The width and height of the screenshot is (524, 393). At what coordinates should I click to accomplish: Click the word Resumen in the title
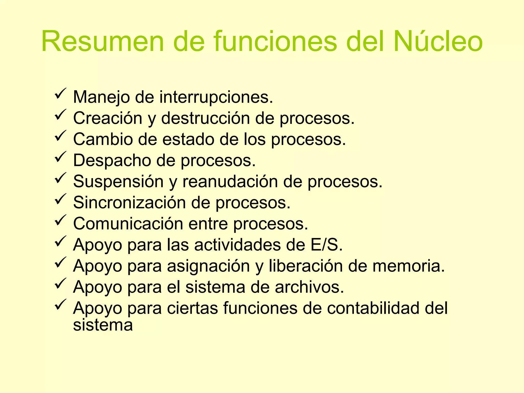pyautogui.click(x=103, y=41)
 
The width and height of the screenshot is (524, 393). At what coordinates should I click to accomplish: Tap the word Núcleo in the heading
pyautogui.click(x=438, y=41)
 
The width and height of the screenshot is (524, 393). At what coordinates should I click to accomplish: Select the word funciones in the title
pyautogui.click(x=276, y=41)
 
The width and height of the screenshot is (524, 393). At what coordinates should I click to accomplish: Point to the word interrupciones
pyautogui.click(x=216, y=97)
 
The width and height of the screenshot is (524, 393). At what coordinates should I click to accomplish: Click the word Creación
pyautogui.click(x=108, y=118)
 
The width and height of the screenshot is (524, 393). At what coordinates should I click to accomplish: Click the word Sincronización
pyautogui.click(x=129, y=203)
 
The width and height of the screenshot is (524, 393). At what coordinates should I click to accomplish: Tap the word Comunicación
pyautogui.click(x=128, y=224)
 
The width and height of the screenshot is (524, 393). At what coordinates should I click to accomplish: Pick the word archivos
pyautogui.click(x=309, y=287)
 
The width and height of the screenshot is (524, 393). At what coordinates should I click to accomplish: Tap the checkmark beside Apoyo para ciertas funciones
pyautogui.click(x=60, y=304)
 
